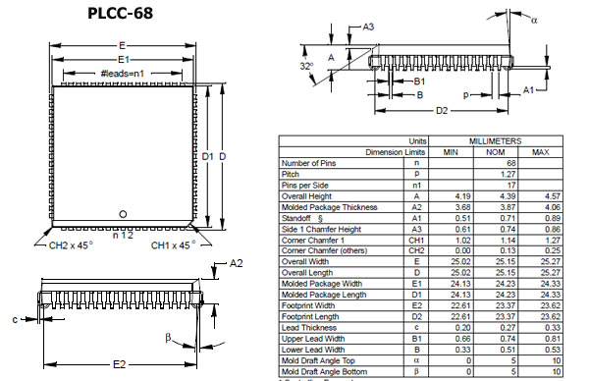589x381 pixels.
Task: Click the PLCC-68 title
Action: click(x=120, y=13)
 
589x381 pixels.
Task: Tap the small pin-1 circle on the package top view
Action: click(x=123, y=214)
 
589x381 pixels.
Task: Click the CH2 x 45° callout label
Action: click(x=71, y=245)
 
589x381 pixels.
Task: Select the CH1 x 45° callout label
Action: click(x=173, y=245)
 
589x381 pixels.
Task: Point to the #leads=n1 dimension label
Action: click(x=123, y=74)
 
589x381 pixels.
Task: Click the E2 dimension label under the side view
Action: click(x=120, y=364)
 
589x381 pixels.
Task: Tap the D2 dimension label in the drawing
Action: click(x=442, y=110)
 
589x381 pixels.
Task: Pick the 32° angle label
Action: click(x=306, y=66)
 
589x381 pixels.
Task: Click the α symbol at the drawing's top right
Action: click(x=534, y=20)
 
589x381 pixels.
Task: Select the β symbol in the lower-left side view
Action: click(x=168, y=338)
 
